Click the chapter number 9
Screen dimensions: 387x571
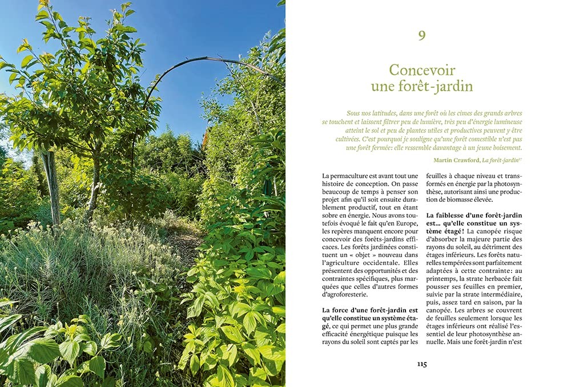pos(421,36)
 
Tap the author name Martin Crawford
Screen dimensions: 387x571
pos(456,160)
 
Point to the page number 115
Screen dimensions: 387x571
pos(421,364)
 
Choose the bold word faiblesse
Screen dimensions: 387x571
pos(456,214)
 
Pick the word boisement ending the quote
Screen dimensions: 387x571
pos(505,147)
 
